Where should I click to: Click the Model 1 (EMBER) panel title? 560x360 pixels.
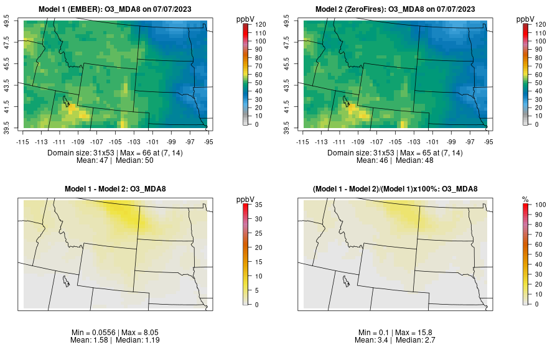tap(118, 9)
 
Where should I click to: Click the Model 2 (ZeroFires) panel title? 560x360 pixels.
tap(398, 9)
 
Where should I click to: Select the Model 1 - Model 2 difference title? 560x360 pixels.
tap(118, 189)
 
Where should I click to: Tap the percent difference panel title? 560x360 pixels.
tap(398, 189)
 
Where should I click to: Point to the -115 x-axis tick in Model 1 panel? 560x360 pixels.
tap(23, 142)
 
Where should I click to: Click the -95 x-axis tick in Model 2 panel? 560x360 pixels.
tap(489, 142)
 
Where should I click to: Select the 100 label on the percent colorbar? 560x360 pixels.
tap(540, 204)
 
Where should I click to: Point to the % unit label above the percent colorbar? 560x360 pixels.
tap(525, 199)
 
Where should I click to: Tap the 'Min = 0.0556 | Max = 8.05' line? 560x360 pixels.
tap(118, 333)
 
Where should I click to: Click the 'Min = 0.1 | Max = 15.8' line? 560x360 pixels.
tap(398, 333)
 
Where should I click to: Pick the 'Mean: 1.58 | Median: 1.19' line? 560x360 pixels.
tap(118, 341)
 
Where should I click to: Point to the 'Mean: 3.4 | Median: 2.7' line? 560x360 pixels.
tap(398, 341)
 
